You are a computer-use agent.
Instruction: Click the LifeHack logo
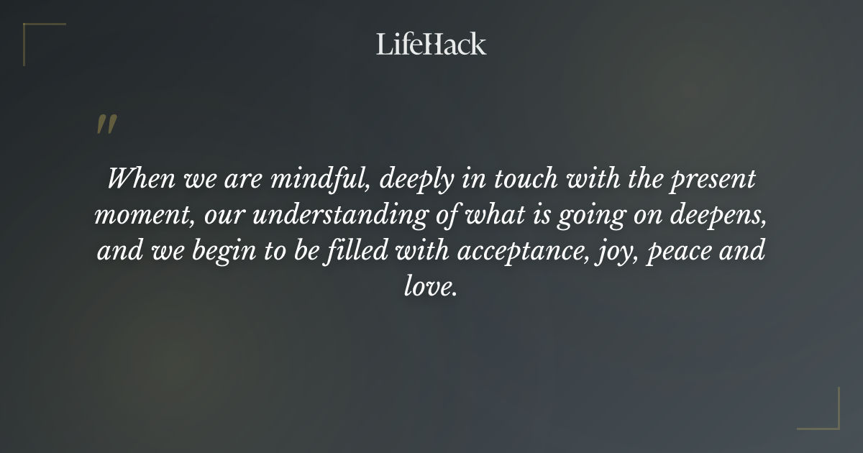[x=431, y=44]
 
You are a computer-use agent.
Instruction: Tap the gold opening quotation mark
[x=106, y=124]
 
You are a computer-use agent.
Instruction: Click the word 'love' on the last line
[x=427, y=288]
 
